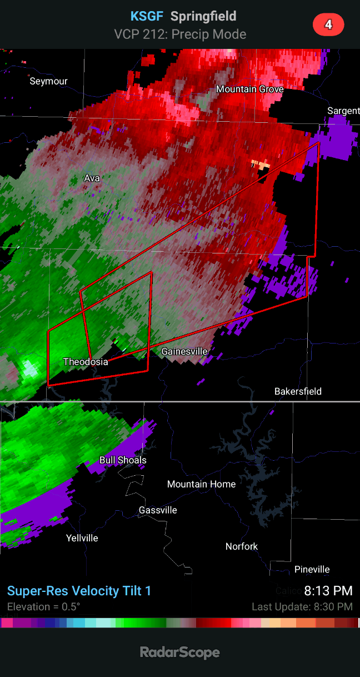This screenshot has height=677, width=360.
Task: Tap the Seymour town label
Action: pyautogui.click(x=48, y=81)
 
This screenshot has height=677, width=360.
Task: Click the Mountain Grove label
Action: pyautogui.click(x=249, y=89)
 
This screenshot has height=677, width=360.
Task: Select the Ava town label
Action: pyautogui.click(x=92, y=178)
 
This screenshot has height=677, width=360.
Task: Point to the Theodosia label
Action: pyautogui.click(x=86, y=361)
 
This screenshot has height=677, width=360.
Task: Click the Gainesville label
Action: pyautogui.click(x=184, y=351)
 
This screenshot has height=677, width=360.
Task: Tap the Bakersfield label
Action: pyautogui.click(x=298, y=391)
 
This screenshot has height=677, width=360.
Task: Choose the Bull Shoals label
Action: pyautogui.click(x=123, y=460)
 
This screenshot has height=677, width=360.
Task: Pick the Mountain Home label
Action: pyautogui.click(x=201, y=484)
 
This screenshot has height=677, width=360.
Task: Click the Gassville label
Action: pyautogui.click(x=158, y=510)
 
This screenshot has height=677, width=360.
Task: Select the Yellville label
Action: pyautogui.click(x=82, y=537)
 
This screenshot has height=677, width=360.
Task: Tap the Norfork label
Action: pyautogui.click(x=242, y=546)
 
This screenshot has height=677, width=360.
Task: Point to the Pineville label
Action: pyautogui.click(x=312, y=569)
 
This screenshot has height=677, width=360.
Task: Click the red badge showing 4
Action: pyautogui.click(x=328, y=25)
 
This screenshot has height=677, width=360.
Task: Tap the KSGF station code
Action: pyautogui.click(x=147, y=16)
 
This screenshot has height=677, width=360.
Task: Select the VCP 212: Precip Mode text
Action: pyautogui.click(x=180, y=34)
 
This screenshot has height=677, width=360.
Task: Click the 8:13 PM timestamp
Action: pyautogui.click(x=328, y=590)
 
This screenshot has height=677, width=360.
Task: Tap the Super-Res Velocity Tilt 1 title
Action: pyautogui.click(x=79, y=590)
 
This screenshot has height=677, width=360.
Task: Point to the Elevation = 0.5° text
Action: pyautogui.click(x=43, y=606)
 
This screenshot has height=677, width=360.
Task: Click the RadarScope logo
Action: pyautogui.click(x=180, y=652)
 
